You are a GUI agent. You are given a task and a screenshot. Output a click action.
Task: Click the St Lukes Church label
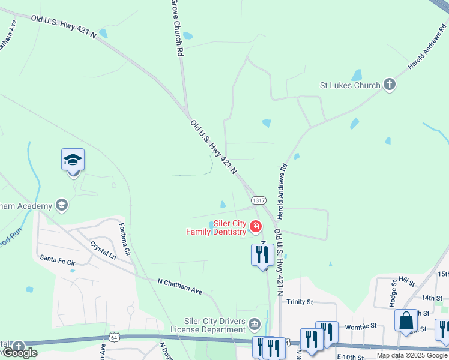(350, 85)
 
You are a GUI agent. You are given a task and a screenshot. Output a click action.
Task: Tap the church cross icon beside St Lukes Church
(390, 85)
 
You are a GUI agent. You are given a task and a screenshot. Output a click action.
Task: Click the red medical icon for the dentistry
(256, 226)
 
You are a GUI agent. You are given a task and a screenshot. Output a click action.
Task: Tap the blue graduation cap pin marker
(73, 161)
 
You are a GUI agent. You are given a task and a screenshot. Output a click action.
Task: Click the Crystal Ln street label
(103, 250)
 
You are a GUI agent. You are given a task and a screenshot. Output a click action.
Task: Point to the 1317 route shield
(259, 200)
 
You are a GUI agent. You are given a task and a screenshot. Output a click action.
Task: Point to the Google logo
(20, 353)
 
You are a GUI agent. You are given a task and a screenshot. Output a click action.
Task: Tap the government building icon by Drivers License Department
(255, 325)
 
